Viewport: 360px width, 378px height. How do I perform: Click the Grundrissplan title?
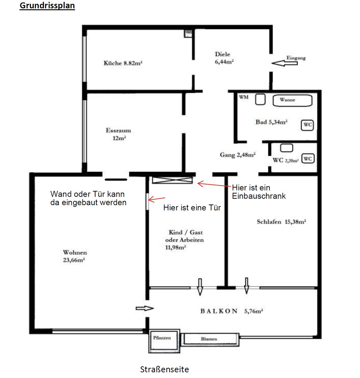pos(47,6)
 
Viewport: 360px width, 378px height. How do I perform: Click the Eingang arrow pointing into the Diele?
pos(283,63)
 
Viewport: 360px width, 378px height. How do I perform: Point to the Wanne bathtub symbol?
pos(292,100)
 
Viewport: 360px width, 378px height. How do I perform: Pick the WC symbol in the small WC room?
pos(307,159)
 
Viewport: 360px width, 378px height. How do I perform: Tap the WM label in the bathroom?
pos(243,97)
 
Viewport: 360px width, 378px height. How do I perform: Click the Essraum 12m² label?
pos(118,134)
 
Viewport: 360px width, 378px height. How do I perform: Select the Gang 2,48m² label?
pos(238,155)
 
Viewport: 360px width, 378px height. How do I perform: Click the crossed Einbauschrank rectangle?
pos(172,180)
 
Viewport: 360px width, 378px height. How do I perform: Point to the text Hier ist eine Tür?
pos(192,208)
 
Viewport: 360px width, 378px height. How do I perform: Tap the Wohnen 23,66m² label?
pos(75,256)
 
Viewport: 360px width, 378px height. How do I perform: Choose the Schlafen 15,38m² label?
pos(282,222)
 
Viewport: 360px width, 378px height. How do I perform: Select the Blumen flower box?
pos(209,339)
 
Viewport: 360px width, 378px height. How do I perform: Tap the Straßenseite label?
pos(164,369)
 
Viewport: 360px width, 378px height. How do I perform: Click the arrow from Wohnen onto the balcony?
pos(144,308)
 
